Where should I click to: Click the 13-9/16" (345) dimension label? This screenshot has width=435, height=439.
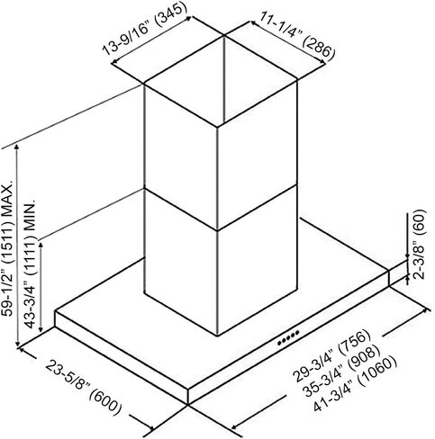(x=142, y=30)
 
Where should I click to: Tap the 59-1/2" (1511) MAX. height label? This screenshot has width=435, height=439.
(x=7, y=248)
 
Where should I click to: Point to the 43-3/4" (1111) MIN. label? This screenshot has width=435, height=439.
(x=31, y=263)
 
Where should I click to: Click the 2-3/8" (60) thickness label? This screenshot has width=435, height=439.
(x=420, y=245)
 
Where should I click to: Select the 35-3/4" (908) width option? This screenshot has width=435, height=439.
(x=340, y=371)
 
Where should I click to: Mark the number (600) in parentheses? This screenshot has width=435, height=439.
(x=105, y=404)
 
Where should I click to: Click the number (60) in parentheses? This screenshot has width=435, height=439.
(x=420, y=219)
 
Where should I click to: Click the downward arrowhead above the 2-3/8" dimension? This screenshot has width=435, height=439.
(x=407, y=255)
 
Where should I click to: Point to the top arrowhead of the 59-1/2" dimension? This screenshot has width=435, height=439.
(x=17, y=147)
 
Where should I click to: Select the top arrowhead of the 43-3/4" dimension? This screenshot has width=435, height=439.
(x=41, y=246)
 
